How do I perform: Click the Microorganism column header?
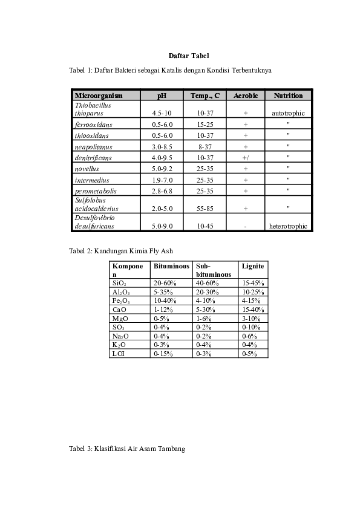pyautogui.click(x=98, y=96)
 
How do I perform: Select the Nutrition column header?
pyautogui.click(x=288, y=96)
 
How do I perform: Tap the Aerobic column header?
pyautogui.click(x=246, y=96)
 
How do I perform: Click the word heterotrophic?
pyautogui.click(x=288, y=226)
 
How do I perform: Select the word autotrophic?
pyautogui.click(x=288, y=113)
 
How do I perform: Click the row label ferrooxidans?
pyautogui.click(x=93, y=124)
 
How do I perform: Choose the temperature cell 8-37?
pyautogui.click(x=206, y=146)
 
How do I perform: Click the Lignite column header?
pyautogui.click(x=253, y=266)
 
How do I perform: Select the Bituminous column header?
pyautogui.click(x=171, y=266)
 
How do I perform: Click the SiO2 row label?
pyautogui.click(x=119, y=283)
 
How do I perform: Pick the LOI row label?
pyautogui.click(x=119, y=354)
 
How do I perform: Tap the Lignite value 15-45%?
pyautogui.click(x=253, y=283)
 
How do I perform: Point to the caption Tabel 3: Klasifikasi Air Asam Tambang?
pyautogui.click(x=127, y=449)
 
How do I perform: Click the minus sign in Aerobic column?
pyautogui.click(x=246, y=227)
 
